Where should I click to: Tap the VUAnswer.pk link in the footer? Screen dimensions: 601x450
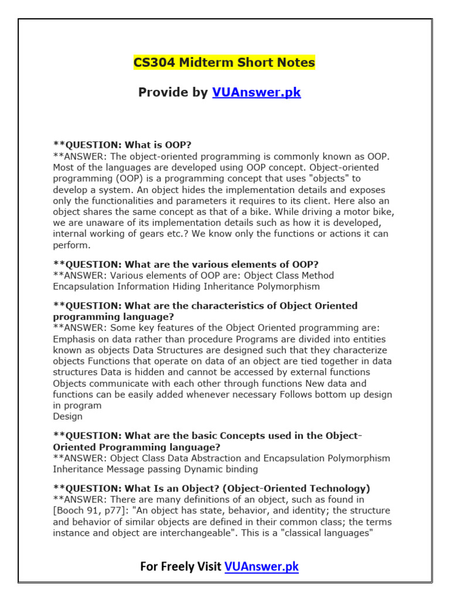[x=261, y=566]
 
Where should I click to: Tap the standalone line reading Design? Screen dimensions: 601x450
[x=68, y=416]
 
